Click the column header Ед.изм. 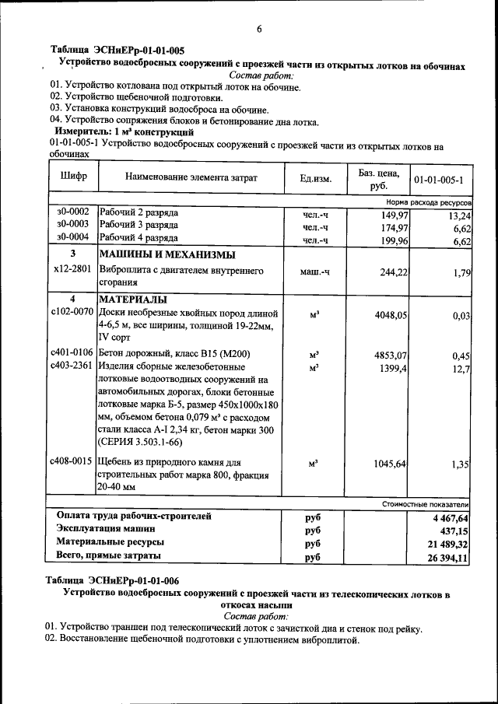(x=315, y=179)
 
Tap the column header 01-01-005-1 (x=438, y=179)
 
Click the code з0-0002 (x=73, y=212)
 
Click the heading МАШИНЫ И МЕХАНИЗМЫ (x=167, y=254)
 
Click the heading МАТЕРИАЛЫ (x=133, y=299)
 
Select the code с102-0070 (x=72, y=312)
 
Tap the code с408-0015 (x=72, y=461)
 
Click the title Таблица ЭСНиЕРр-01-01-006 (x=112, y=580)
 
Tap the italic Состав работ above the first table (x=261, y=76)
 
